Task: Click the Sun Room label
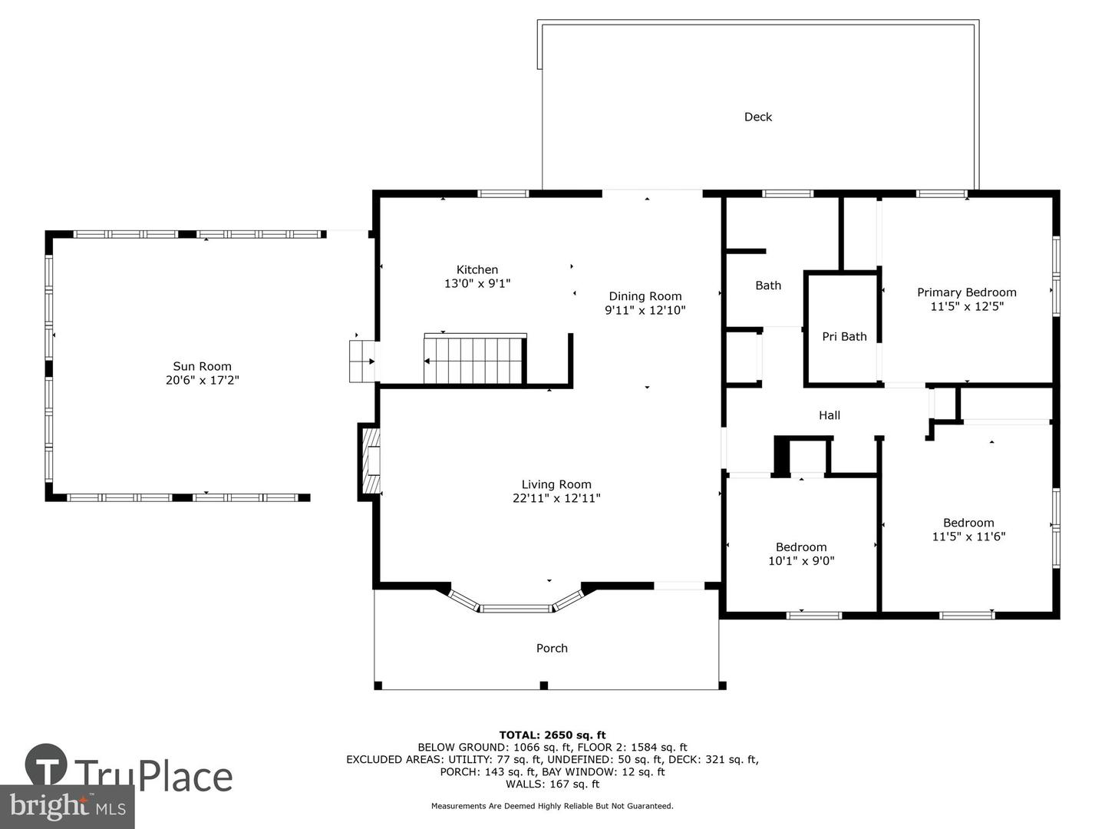point(202,366)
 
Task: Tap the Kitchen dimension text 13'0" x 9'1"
point(477,283)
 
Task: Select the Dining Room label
point(645,296)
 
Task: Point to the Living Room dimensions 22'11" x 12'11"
point(556,498)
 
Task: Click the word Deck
point(758,117)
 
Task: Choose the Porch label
point(552,649)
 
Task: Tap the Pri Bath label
point(844,337)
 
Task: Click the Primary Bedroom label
point(967,292)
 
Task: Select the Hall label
point(829,415)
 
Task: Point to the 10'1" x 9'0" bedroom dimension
point(801,560)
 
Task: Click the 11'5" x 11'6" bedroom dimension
point(968,537)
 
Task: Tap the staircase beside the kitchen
point(475,361)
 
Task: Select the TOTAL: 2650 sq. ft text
point(552,735)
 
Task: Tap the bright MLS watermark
point(67,807)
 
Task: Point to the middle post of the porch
point(544,685)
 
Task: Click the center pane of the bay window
point(516,609)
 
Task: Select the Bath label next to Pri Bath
point(768,286)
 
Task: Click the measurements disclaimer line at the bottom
point(552,806)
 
